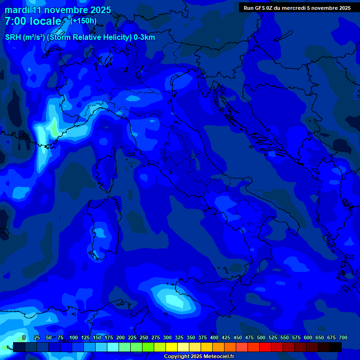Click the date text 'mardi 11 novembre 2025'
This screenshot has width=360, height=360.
coord(58,10)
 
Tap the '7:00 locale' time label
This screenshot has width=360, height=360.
coord(33,21)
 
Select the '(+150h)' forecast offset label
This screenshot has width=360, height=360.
coord(83,21)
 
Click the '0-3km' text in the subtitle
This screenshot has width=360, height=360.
coord(144,37)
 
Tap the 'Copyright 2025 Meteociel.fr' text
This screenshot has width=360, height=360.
coord(199,357)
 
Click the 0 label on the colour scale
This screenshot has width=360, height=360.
coord(23,338)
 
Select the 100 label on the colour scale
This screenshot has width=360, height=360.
coord(74,338)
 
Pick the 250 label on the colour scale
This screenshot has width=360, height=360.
coord(144,338)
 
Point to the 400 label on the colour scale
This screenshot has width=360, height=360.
coord(214,338)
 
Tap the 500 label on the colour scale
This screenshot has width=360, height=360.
coord(261,338)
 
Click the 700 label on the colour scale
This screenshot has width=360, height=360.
coord(343,338)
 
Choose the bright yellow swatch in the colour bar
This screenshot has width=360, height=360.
coord(172,347)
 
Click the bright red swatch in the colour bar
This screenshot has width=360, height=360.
coord(265,347)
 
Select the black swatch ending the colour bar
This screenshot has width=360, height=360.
coord(336,347)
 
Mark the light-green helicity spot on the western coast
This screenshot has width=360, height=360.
coord(54,127)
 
